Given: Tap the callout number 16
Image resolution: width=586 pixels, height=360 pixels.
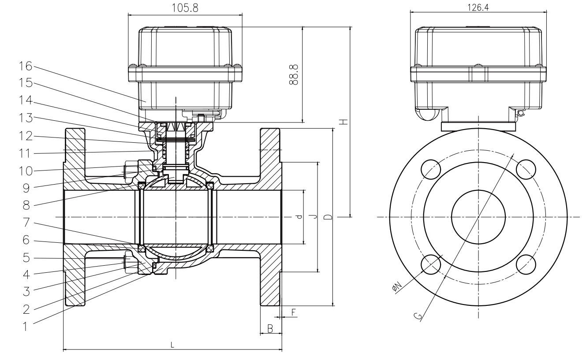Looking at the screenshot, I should pyautogui.click(x=26, y=67).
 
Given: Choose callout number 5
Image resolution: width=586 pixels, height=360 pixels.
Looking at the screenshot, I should pyautogui.click(x=26, y=257).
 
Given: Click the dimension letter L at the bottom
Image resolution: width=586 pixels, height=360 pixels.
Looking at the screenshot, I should pyautogui.click(x=172, y=345).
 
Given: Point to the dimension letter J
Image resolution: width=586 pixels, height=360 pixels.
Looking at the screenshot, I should pyautogui.click(x=313, y=216).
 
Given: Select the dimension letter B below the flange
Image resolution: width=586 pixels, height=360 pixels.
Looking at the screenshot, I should pyautogui.click(x=271, y=327).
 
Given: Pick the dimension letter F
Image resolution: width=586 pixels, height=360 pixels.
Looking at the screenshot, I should pyautogui.click(x=294, y=312).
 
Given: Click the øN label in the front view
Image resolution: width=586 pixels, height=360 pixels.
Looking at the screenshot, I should pyautogui.click(x=396, y=287).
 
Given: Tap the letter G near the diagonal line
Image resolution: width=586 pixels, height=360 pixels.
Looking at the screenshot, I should pyautogui.click(x=418, y=315).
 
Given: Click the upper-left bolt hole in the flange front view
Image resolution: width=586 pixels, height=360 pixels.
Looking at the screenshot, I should pyautogui.click(x=431, y=168).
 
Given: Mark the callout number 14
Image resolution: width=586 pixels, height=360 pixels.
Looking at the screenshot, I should pyautogui.click(x=26, y=101).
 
